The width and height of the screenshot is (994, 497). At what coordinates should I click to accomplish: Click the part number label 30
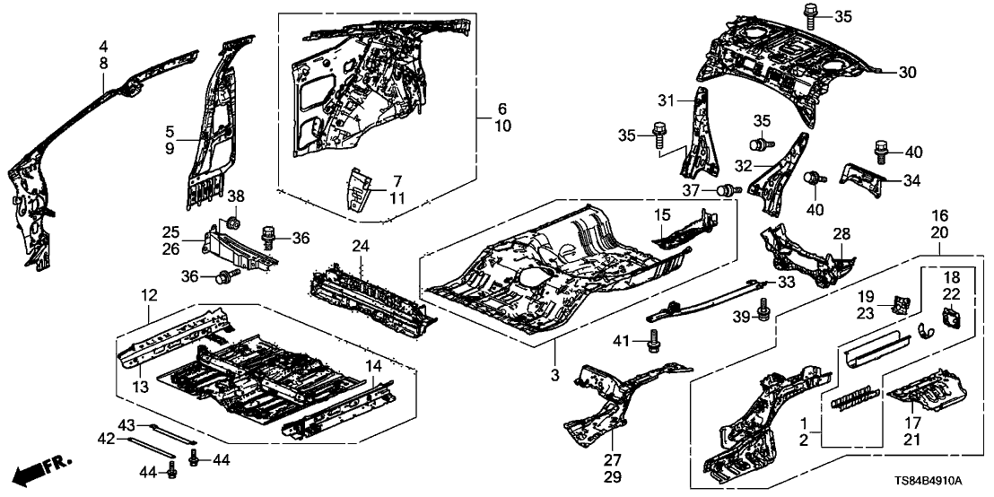point(908,72)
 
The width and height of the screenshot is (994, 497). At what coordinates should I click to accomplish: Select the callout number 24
point(360,245)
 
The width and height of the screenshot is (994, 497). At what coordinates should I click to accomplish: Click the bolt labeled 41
point(654,342)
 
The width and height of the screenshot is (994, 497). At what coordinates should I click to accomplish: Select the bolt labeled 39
point(763,310)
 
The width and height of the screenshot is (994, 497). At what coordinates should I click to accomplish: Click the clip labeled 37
point(727,189)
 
